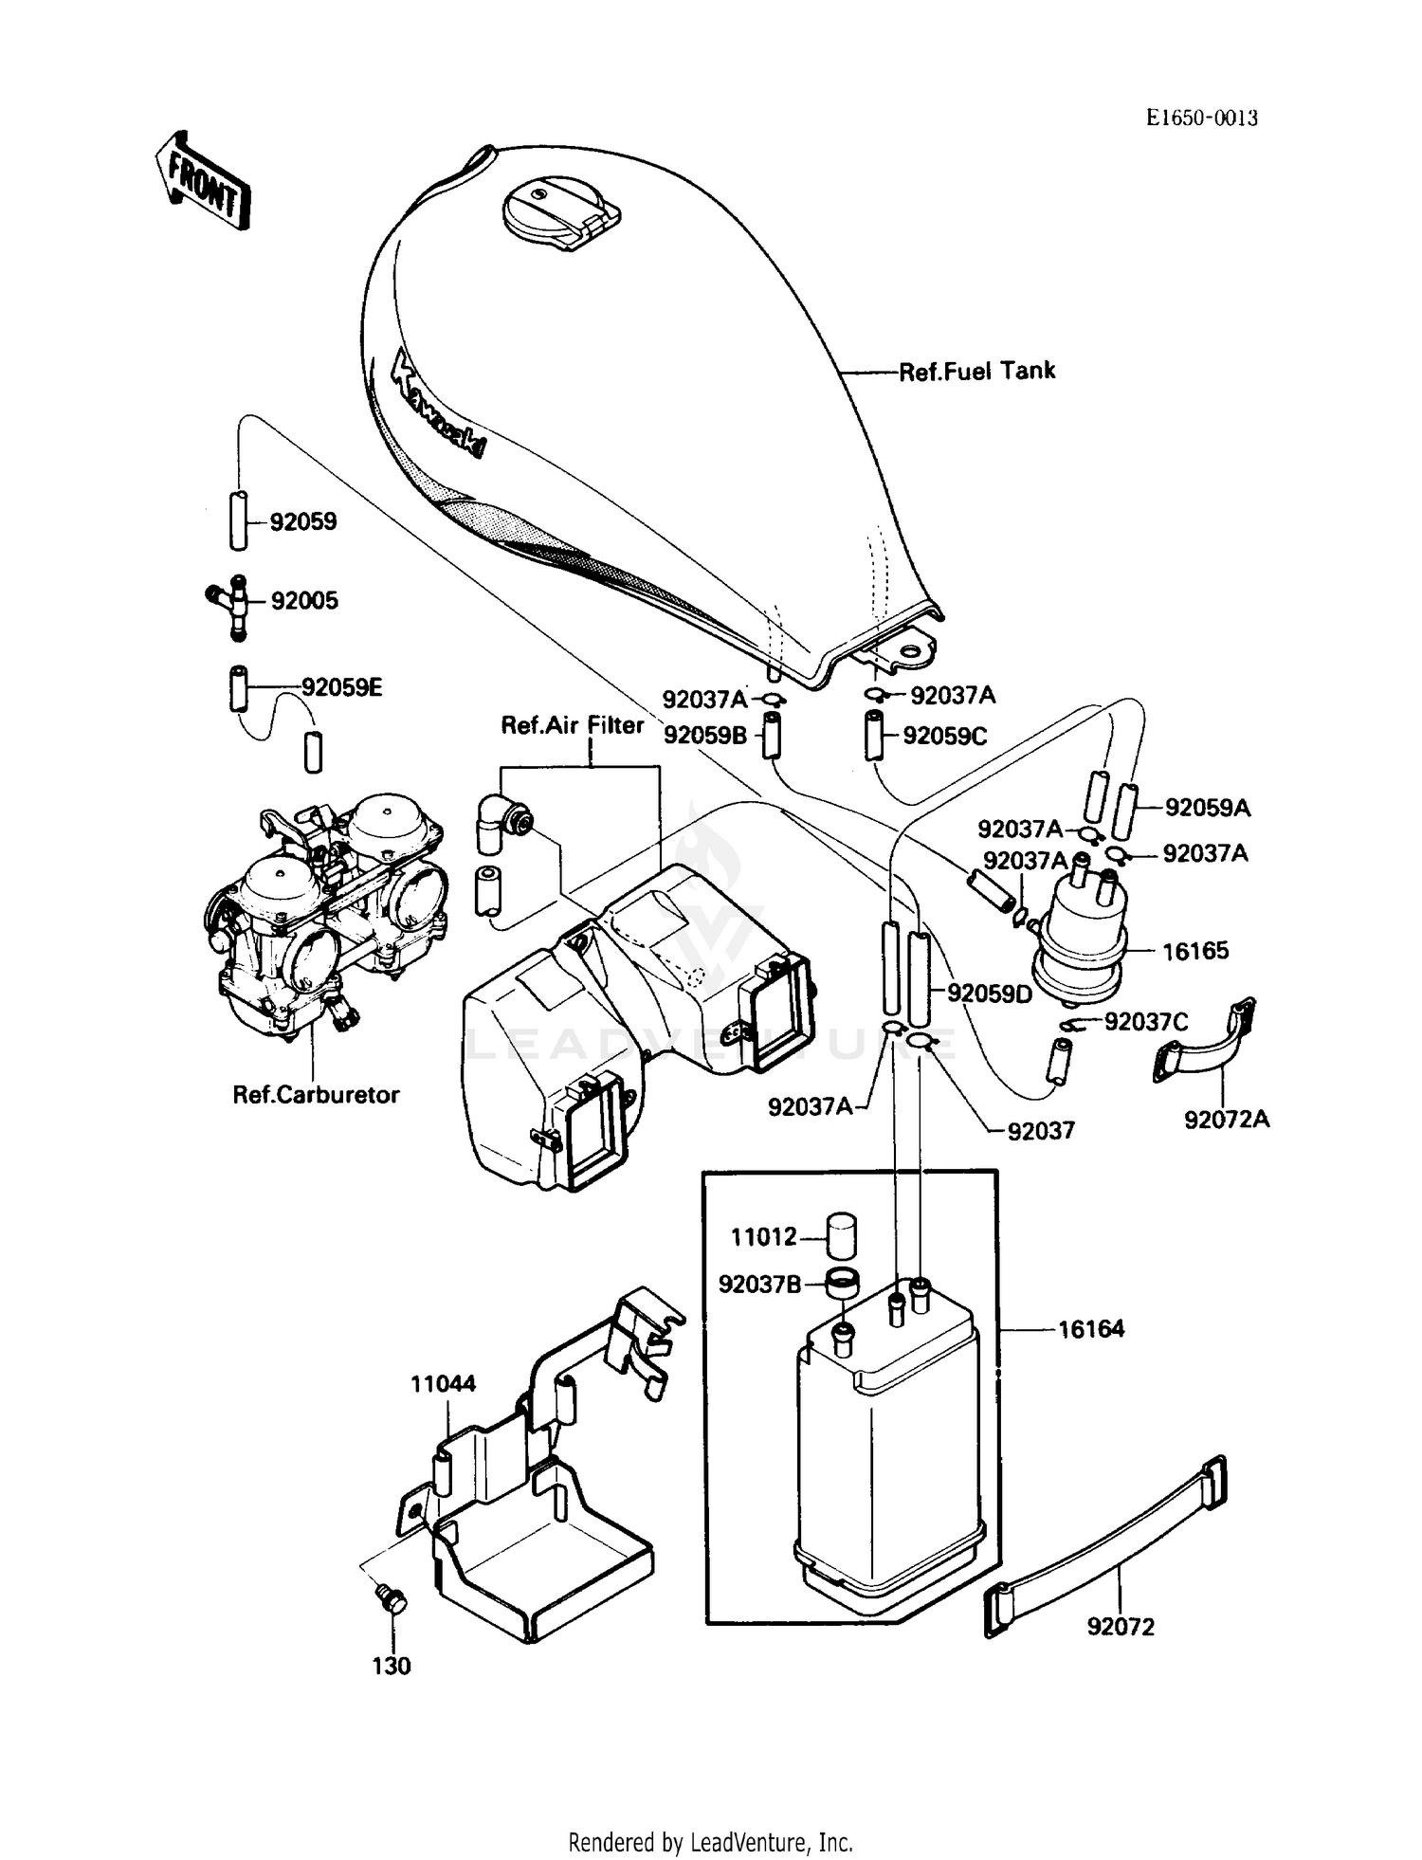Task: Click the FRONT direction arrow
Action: pos(202,182)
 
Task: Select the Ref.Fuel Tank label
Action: pos(976,372)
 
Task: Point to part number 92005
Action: pos(304,601)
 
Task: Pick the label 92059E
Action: pos(341,688)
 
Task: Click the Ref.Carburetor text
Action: pos(317,1095)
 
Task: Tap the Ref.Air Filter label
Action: pos(573,726)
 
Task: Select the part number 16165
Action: pos(1194,951)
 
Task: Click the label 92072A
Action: pos(1226,1120)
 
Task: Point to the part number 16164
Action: pos(1090,1329)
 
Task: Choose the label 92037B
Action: pos(759,1285)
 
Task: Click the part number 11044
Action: pos(443,1384)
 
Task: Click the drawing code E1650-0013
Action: pos(1201,119)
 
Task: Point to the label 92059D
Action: pos(990,994)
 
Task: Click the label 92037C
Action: pos(1145,1022)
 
